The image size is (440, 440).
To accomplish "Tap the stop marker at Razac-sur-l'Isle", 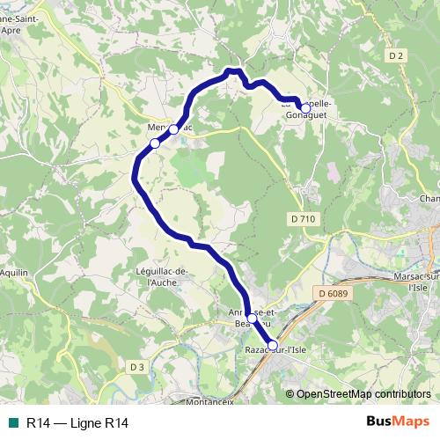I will (272, 346).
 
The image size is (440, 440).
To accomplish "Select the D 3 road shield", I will (136, 366).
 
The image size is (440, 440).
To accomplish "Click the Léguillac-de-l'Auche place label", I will (163, 276).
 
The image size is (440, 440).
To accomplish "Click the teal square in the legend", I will (13, 423).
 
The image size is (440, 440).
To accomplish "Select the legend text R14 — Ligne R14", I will (77, 423).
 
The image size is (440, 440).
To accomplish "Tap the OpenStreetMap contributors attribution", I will (363, 394).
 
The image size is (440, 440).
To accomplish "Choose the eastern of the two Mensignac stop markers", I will (174, 129).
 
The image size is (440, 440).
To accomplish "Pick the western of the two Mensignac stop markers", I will (154, 143).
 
